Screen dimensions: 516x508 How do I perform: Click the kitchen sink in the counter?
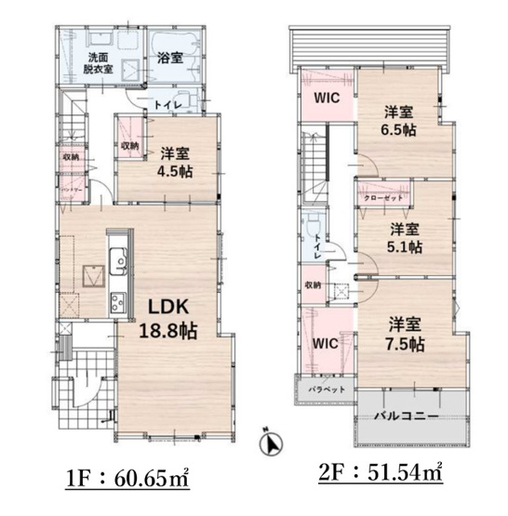118,263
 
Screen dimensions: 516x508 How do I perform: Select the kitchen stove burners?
118,303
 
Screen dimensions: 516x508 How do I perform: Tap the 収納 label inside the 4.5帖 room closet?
128,146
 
